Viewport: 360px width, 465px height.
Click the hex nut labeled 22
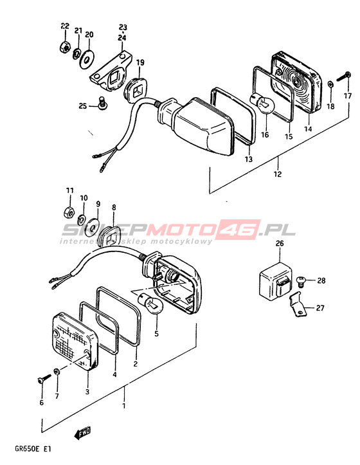point(65,46)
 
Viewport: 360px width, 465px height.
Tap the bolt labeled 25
point(102,104)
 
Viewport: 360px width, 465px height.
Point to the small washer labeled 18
point(331,84)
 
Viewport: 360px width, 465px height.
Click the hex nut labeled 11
point(69,212)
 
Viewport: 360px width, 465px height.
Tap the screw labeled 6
point(43,379)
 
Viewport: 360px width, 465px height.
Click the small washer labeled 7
point(57,371)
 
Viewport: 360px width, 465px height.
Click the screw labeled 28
point(301,281)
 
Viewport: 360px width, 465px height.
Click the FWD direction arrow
point(82,433)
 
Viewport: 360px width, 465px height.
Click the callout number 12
point(278,174)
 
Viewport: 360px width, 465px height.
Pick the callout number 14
point(308,129)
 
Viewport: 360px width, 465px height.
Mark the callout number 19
point(140,62)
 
